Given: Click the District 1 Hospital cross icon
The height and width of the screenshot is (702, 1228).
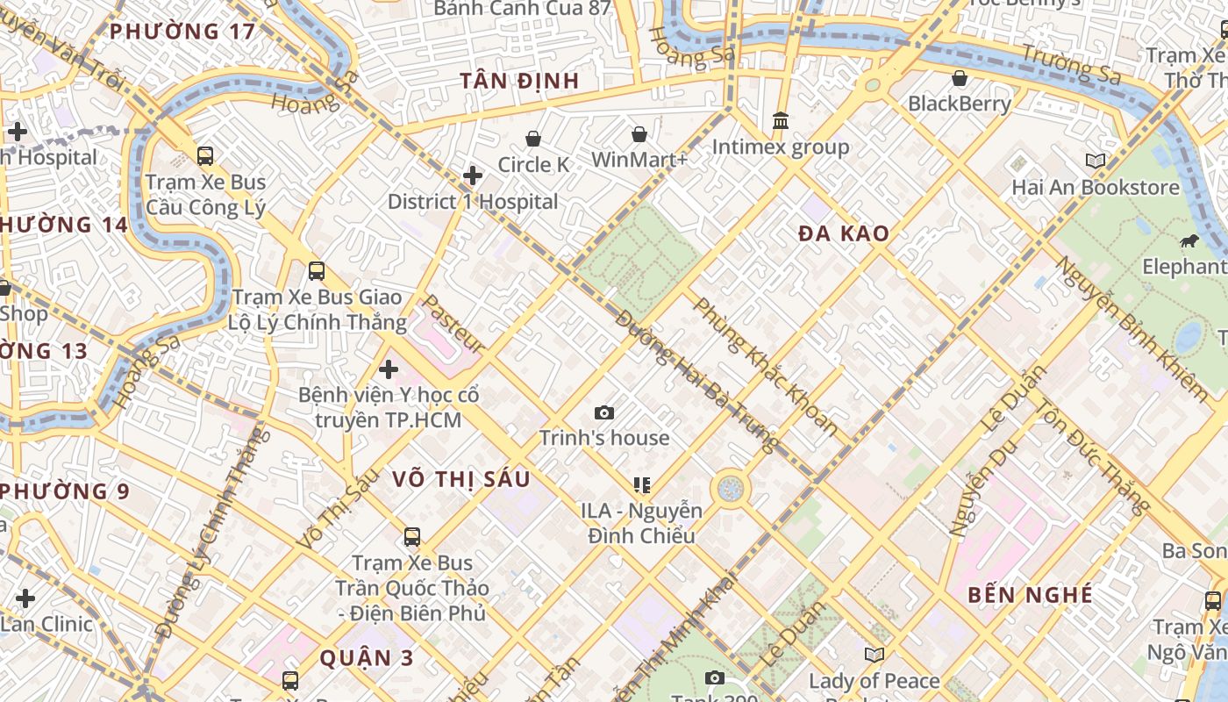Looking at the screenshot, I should pyautogui.click(x=473, y=175).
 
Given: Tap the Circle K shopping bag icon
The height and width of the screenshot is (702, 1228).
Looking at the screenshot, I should pyautogui.click(x=533, y=139).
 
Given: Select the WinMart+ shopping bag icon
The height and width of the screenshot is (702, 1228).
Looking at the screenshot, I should pyautogui.click(x=639, y=134).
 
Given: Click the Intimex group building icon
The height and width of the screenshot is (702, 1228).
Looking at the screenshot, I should pyautogui.click(x=780, y=120).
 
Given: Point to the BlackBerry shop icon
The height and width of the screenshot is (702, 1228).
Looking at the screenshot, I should pyautogui.click(x=960, y=78).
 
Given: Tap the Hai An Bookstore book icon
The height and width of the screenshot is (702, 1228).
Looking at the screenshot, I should pyautogui.click(x=1095, y=161).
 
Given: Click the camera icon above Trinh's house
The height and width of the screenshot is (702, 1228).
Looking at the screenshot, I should pyautogui.click(x=603, y=412).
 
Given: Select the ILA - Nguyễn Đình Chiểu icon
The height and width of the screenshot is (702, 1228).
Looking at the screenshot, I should pyautogui.click(x=641, y=484).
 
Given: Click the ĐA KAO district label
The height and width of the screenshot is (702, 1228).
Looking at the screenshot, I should pyautogui.click(x=844, y=233).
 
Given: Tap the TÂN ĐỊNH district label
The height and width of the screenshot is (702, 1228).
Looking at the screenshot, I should pyautogui.click(x=519, y=82).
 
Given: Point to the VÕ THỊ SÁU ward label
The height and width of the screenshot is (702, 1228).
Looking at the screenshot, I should pyautogui.click(x=461, y=478).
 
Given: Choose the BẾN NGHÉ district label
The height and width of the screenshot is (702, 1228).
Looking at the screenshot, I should pyautogui.click(x=1031, y=595).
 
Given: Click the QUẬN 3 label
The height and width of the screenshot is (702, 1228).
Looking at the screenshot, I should pyautogui.click(x=367, y=657).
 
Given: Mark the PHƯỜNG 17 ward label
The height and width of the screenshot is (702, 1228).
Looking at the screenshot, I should pyautogui.click(x=182, y=32).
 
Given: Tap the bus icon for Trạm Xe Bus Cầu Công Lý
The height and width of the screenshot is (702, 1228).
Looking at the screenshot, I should pyautogui.click(x=205, y=156).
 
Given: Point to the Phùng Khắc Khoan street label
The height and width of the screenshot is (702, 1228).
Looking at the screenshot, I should pyautogui.click(x=765, y=366).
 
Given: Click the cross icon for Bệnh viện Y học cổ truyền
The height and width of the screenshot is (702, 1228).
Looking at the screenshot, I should pyautogui.click(x=388, y=369).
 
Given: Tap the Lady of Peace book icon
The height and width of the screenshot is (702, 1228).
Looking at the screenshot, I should pyautogui.click(x=874, y=655).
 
